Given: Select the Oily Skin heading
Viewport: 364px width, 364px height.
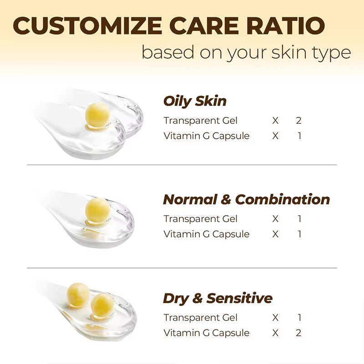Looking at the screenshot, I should (195, 101).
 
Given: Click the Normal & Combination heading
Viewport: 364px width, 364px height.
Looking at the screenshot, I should (246, 199).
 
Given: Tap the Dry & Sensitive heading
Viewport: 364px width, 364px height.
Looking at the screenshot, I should (217, 298).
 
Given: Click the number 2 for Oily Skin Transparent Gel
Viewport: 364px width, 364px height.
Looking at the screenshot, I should (298, 121).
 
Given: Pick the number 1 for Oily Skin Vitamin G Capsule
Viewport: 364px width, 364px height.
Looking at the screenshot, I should (299, 136).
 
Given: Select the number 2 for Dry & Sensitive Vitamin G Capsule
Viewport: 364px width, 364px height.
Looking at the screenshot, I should (298, 333).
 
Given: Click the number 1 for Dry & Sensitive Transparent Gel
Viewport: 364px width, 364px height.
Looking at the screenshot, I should (299, 318).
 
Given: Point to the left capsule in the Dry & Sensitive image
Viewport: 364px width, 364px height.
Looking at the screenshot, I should (78, 294).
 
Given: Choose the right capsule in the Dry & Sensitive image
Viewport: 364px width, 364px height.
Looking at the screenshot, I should (102, 305).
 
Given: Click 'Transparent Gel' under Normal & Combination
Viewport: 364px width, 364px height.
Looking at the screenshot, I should (201, 219).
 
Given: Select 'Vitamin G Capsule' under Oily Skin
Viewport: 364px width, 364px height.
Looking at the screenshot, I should (207, 136).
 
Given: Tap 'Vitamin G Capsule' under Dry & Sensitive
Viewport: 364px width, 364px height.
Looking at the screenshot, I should (207, 333).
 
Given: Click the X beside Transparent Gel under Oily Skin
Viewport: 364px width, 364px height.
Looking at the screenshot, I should (275, 121).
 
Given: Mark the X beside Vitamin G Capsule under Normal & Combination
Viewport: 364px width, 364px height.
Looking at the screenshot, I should (275, 234).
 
